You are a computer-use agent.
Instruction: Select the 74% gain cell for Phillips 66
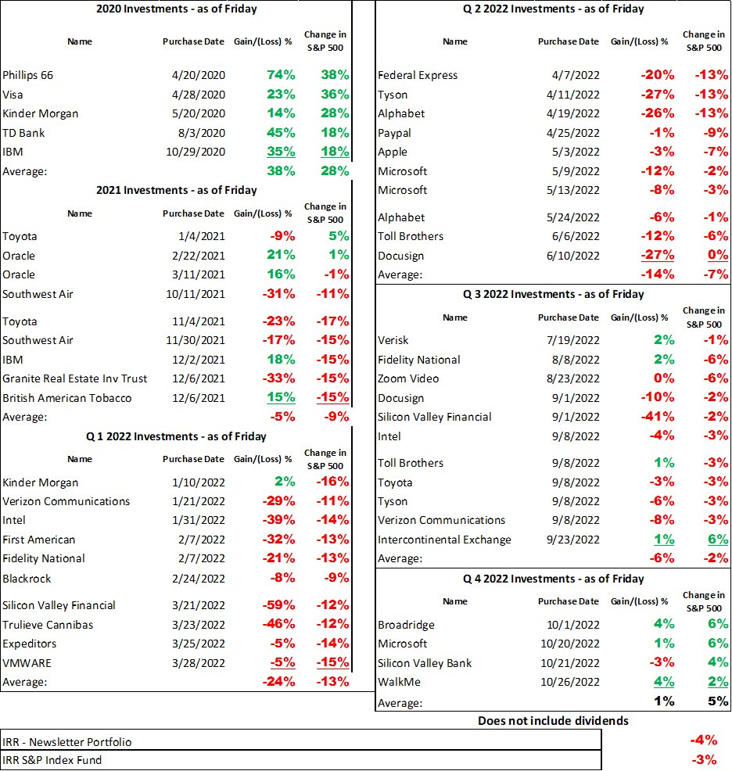pos(280,75)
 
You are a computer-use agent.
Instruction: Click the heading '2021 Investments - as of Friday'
pos(176,190)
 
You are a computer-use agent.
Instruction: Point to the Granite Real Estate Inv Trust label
pos(75,378)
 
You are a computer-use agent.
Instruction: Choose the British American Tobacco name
pos(67,398)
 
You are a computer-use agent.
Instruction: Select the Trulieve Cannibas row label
pos(48,624)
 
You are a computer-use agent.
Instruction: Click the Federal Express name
pos(418,75)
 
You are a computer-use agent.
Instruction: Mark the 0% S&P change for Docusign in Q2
pos(717,256)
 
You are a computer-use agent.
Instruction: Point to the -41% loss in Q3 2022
pos(655,417)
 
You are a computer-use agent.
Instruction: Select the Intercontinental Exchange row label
pos(444,540)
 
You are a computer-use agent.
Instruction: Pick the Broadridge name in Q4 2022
pos(406,625)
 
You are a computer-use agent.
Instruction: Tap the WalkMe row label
pos(399,682)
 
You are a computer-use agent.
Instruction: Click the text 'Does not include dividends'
pos(553,721)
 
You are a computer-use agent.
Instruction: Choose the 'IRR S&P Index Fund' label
pos(52,759)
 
